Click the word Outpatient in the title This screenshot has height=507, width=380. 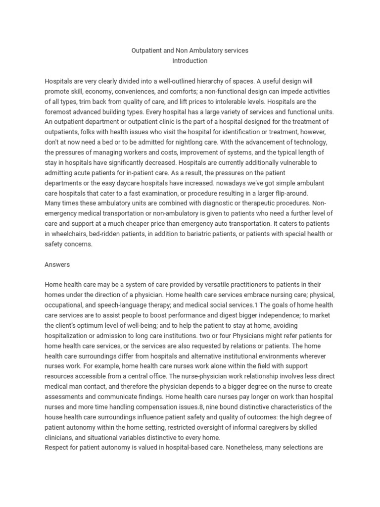point(146,51)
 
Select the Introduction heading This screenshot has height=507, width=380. point(190,61)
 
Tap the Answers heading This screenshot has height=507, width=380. point(57,264)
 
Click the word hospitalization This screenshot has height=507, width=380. point(69,336)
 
